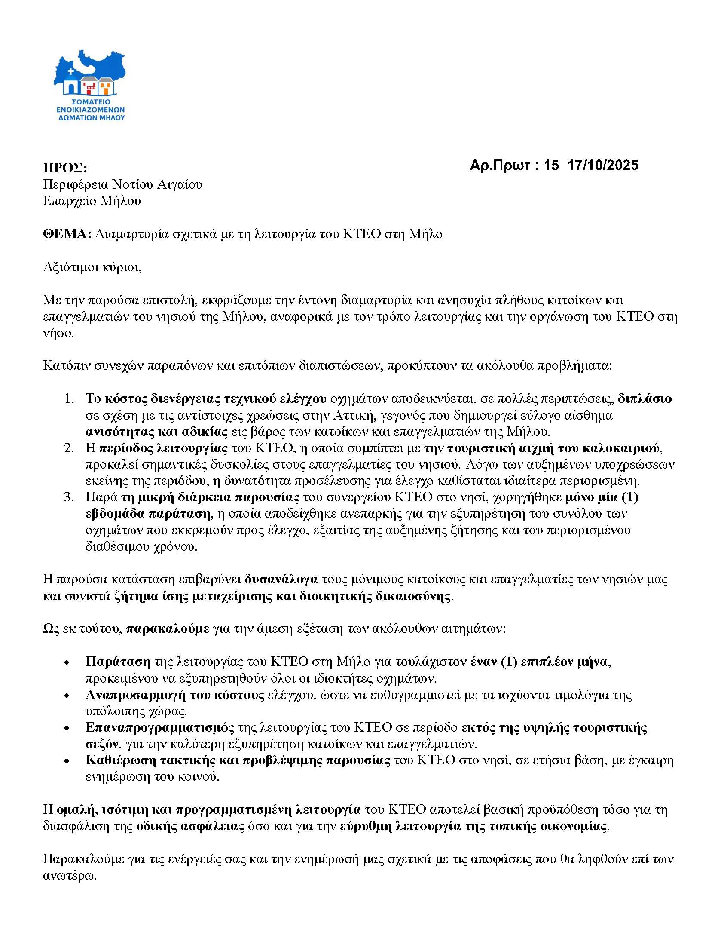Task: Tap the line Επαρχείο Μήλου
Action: [x=92, y=201]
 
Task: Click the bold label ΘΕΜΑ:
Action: [x=67, y=234]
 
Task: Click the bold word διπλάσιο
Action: [x=645, y=398]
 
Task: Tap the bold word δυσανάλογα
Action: [x=281, y=579]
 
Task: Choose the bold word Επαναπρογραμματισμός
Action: [x=159, y=728]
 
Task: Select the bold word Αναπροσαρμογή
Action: [x=131, y=695]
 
